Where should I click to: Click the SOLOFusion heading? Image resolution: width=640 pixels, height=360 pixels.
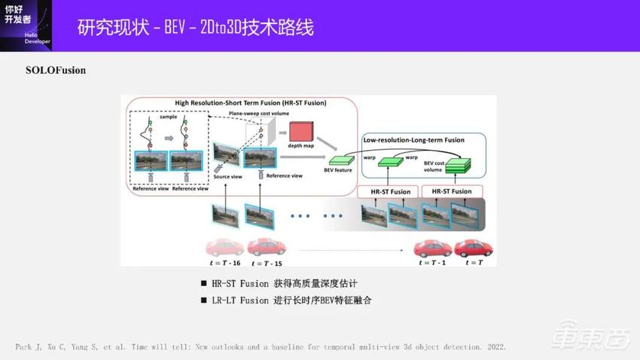pyautogui.click(x=56, y=70)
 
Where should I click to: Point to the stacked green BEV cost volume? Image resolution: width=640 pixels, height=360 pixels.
pyautogui.click(x=456, y=165)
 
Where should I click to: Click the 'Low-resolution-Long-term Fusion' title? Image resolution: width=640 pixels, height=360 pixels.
pyautogui.click(x=413, y=140)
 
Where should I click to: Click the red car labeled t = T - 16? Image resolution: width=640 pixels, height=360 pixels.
pyautogui.click(x=225, y=248)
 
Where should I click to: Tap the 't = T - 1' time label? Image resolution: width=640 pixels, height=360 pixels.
pyautogui.click(x=433, y=262)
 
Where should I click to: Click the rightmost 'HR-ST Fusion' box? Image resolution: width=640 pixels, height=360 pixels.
pyautogui.click(x=452, y=191)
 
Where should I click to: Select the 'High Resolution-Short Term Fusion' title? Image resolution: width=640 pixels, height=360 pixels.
pyautogui.click(x=239, y=102)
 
